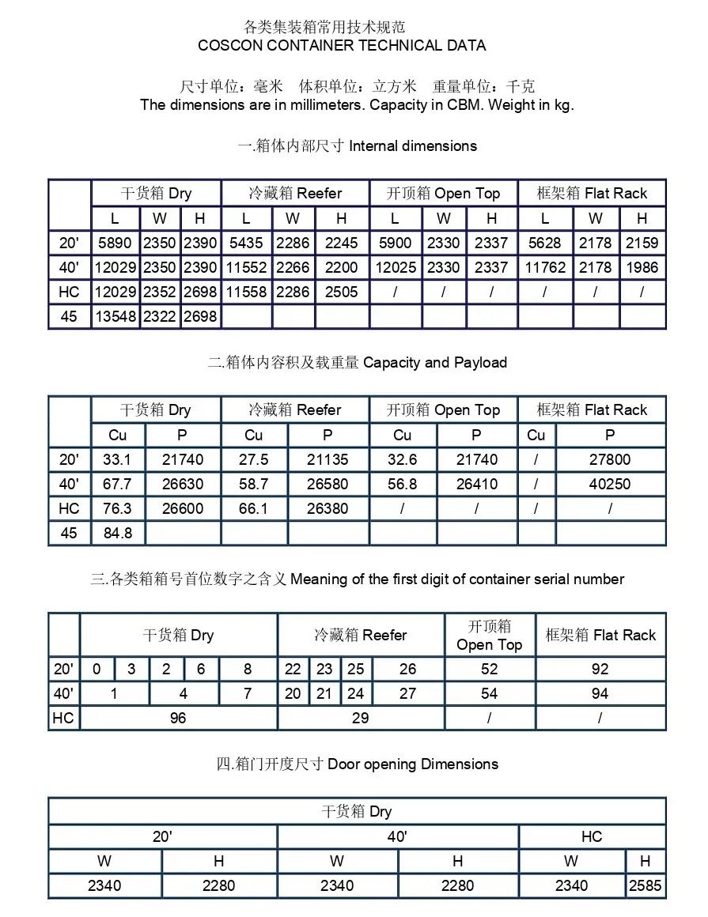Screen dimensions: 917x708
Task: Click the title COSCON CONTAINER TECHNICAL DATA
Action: tap(342, 45)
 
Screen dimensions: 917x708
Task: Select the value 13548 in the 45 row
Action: tap(115, 316)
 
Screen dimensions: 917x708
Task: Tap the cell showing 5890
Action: tap(115, 243)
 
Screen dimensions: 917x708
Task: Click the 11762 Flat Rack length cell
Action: tap(545, 267)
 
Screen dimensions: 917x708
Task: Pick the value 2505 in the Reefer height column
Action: tap(341, 292)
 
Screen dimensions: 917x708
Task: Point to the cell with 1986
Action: tap(642, 267)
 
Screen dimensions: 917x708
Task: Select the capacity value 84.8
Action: tap(118, 533)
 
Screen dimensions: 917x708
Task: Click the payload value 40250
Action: tap(610, 484)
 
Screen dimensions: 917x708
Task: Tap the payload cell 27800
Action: tap(610, 459)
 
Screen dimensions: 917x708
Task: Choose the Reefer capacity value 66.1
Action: tap(253, 508)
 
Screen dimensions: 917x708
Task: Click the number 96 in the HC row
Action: tap(178, 718)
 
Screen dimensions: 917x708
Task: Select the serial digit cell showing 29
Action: tap(361, 718)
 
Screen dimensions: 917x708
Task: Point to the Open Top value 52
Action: tap(490, 669)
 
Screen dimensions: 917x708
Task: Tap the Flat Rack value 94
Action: tap(600, 693)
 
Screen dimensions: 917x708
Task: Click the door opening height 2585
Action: tap(645, 885)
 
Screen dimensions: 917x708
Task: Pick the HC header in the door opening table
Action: tap(592, 836)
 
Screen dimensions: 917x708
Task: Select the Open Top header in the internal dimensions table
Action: tap(443, 194)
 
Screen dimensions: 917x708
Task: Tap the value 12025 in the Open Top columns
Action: tap(396, 267)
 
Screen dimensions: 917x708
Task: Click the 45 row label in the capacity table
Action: tap(69, 533)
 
